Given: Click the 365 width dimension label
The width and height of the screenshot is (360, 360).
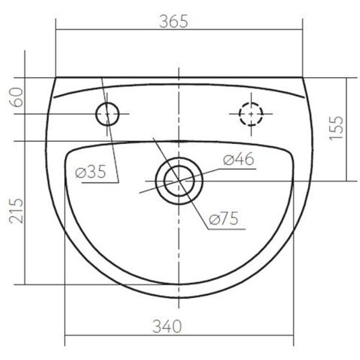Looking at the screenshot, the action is point(174,21).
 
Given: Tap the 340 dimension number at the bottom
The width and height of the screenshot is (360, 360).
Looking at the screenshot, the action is point(167,326).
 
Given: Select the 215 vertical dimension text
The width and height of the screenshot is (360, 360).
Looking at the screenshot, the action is point(16,210).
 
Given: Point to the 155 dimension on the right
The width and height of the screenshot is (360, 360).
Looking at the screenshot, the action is point(336,127).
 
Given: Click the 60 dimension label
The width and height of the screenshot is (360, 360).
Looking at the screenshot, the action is point(16,97).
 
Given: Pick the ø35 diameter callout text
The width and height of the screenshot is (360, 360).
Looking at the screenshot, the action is point(91,172).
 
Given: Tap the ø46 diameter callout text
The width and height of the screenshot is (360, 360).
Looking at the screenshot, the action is point(238,158).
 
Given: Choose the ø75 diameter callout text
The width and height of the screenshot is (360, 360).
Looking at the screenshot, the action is point(224,218).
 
